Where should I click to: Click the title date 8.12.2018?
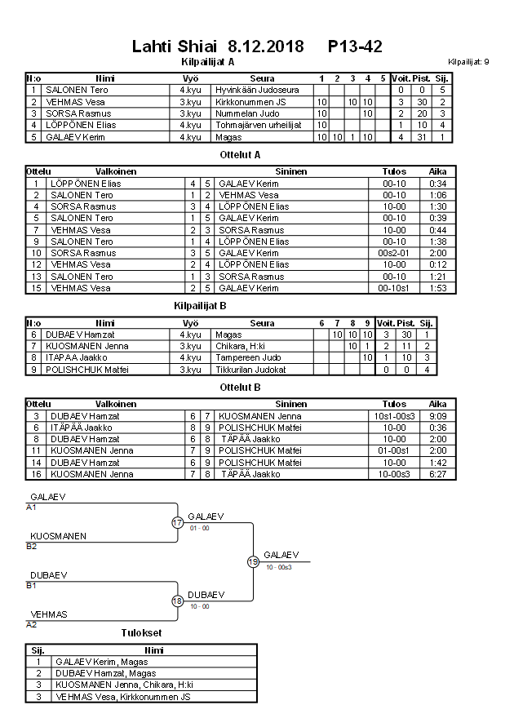(x=265, y=46)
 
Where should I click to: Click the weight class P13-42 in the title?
(x=355, y=46)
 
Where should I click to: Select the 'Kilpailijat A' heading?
(x=207, y=61)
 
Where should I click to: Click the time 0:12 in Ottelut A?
(x=437, y=265)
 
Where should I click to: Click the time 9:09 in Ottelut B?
(x=437, y=416)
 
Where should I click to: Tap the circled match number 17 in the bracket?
(x=178, y=523)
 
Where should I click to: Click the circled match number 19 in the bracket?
(x=253, y=561)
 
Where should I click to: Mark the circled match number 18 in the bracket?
(x=178, y=601)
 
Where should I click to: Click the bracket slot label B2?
(x=32, y=546)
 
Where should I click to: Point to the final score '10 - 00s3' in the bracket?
(x=278, y=567)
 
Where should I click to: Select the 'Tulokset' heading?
(x=140, y=632)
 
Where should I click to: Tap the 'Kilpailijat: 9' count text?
(x=468, y=62)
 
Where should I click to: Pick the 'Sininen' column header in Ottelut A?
(x=290, y=172)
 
